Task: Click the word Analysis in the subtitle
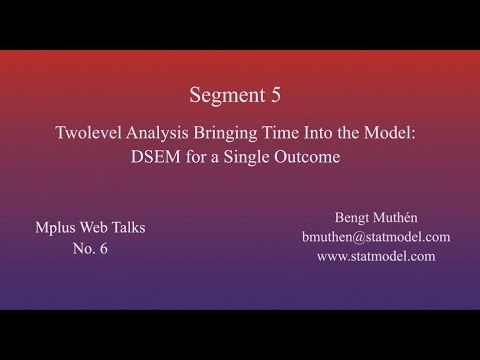point(163,133)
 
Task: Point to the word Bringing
point(228,133)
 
